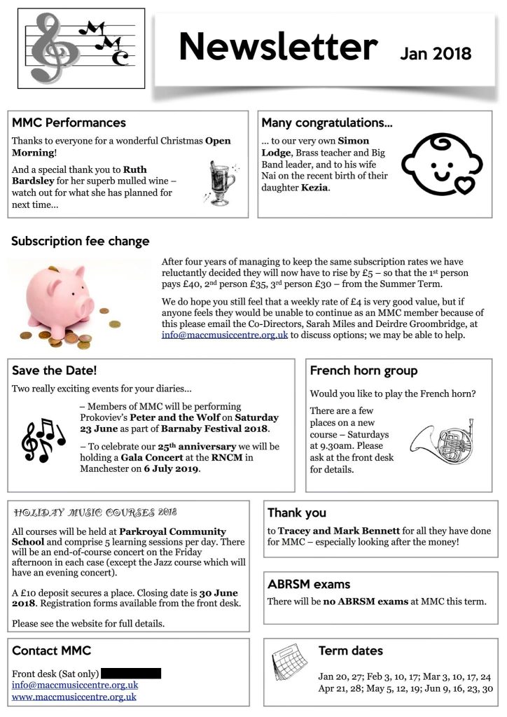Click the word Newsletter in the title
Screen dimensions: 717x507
277,47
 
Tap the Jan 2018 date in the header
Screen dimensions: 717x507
436,53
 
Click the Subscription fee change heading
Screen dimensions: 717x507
81,242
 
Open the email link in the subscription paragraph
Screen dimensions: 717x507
225,335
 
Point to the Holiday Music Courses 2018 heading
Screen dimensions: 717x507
95,512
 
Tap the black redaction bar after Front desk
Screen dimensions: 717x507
132,674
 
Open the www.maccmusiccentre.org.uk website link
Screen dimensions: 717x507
74,697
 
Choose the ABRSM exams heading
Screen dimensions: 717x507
309,584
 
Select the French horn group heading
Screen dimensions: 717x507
363,371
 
